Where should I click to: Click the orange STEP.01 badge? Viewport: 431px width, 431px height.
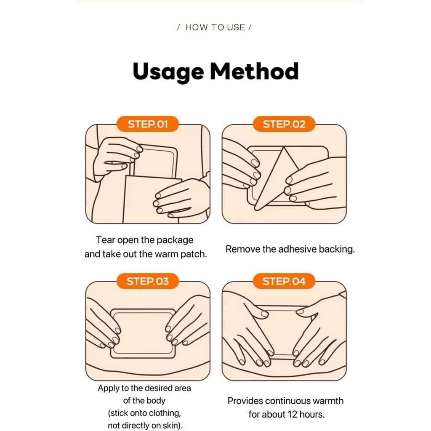point(148,124)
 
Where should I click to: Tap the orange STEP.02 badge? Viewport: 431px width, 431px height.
point(284,124)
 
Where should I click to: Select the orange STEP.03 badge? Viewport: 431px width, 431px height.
point(148,281)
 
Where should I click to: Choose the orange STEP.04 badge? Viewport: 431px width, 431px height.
point(284,281)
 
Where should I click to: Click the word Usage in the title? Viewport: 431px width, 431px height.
point(168,72)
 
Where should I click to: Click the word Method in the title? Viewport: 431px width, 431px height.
point(254,71)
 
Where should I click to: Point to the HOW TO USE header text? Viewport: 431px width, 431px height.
point(215,27)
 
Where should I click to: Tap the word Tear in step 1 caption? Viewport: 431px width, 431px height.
point(106,240)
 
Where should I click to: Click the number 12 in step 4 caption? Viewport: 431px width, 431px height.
point(292,414)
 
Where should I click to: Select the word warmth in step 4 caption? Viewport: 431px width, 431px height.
point(328,401)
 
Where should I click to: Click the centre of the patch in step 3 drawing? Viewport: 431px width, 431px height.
point(143,333)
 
